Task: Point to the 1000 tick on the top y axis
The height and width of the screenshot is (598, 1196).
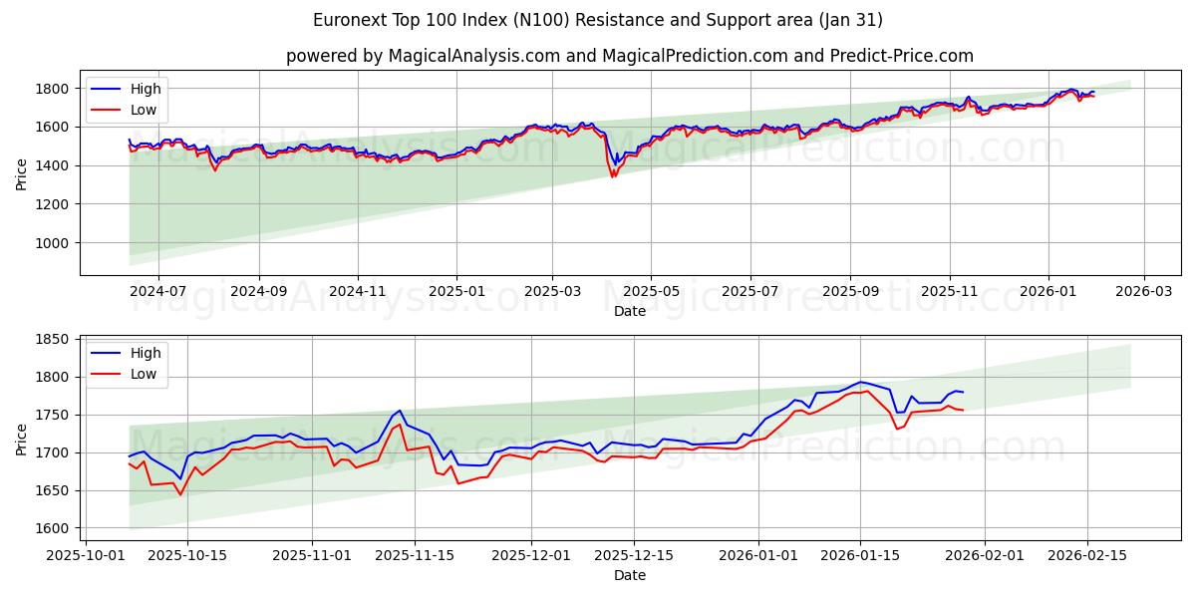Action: [52, 243]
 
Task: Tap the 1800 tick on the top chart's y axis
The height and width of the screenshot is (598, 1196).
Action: [52, 89]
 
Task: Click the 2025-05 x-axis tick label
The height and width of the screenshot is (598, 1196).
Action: [651, 291]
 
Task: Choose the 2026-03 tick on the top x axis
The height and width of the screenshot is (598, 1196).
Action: [1143, 291]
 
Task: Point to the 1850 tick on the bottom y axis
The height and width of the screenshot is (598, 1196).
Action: [52, 339]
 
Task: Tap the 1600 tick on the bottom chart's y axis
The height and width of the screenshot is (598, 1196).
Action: [52, 528]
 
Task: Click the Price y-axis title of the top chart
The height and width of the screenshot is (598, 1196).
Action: [22, 173]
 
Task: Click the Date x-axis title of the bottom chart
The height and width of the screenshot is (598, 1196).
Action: [629, 575]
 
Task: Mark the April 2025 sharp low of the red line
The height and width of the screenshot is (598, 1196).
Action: [613, 177]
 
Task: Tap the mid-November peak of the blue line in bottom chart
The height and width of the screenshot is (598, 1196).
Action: [400, 410]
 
